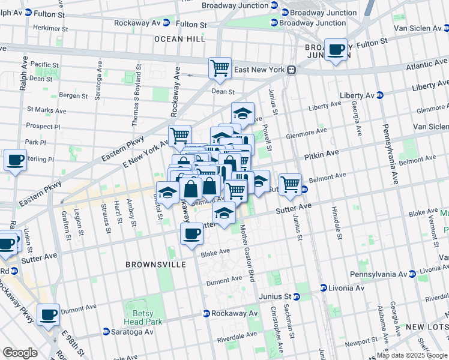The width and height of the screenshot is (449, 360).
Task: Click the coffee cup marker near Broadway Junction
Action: (x=336, y=49)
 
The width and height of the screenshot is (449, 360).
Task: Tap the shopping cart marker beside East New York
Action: (x=220, y=68)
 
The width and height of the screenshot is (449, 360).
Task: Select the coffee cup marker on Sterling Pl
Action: (x=15, y=160)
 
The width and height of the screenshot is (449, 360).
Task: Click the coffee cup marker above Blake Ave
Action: (x=192, y=233)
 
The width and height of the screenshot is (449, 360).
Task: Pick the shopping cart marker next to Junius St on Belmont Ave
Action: (x=290, y=184)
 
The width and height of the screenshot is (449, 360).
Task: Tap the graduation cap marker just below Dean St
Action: (x=243, y=113)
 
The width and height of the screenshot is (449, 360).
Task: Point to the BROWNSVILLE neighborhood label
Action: (x=152, y=264)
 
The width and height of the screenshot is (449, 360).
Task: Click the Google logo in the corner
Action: (x=20, y=353)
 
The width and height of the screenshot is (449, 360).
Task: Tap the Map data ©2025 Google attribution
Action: (x=412, y=355)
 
